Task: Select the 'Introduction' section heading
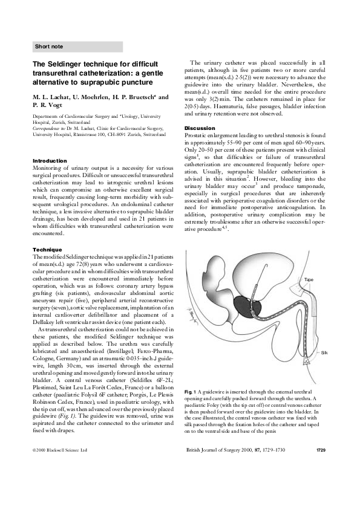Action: point(50,160)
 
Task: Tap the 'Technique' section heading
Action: point(47,249)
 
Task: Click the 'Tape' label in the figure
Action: point(309,280)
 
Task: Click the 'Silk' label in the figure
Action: point(324,352)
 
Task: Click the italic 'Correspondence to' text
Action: point(50,128)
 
